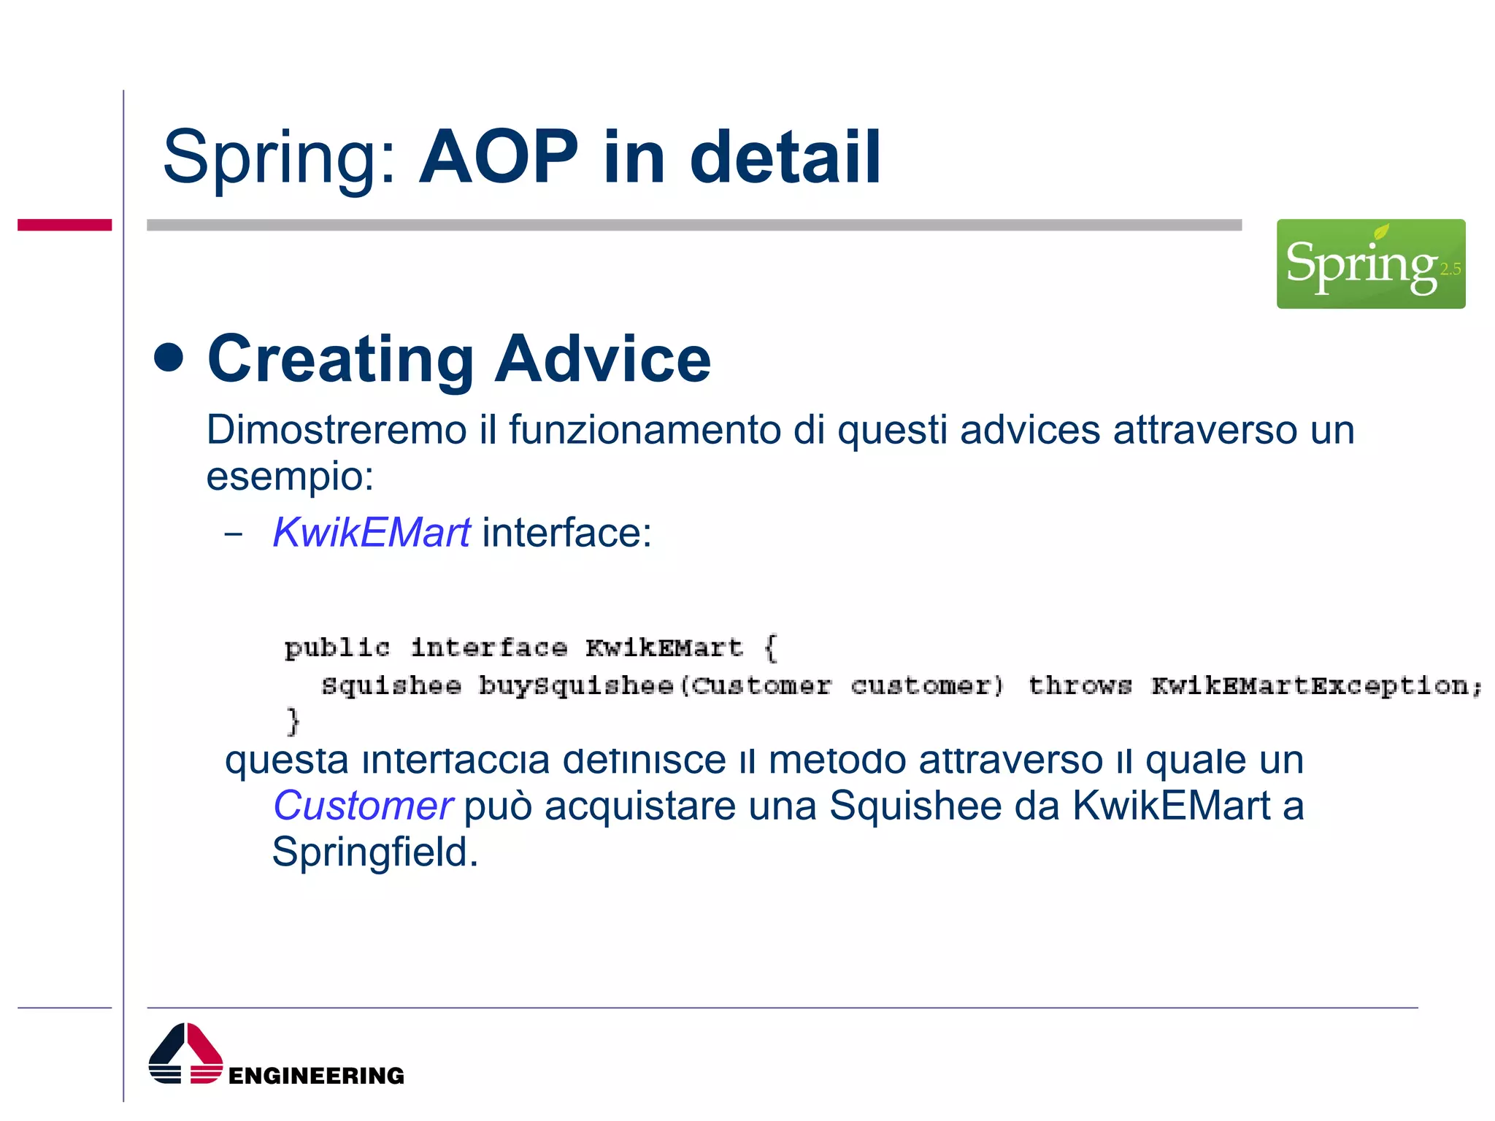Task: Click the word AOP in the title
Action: (x=499, y=157)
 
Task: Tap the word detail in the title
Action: (x=785, y=157)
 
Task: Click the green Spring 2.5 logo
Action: (x=1370, y=263)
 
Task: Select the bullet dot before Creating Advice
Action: (x=169, y=358)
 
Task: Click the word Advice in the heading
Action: (x=602, y=358)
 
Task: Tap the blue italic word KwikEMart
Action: (x=372, y=532)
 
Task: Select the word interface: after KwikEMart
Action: (x=566, y=532)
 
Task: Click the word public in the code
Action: (x=337, y=647)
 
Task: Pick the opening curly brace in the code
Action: (x=771, y=647)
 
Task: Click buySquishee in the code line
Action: (x=575, y=686)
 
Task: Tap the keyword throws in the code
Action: (x=1080, y=686)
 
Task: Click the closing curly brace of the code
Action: (x=293, y=721)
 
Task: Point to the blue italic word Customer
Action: (x=363, y=806)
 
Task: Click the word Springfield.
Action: (x=374, y=852)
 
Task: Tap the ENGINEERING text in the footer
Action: (x=316, y=1075)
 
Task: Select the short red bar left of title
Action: (x=64, y=225)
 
